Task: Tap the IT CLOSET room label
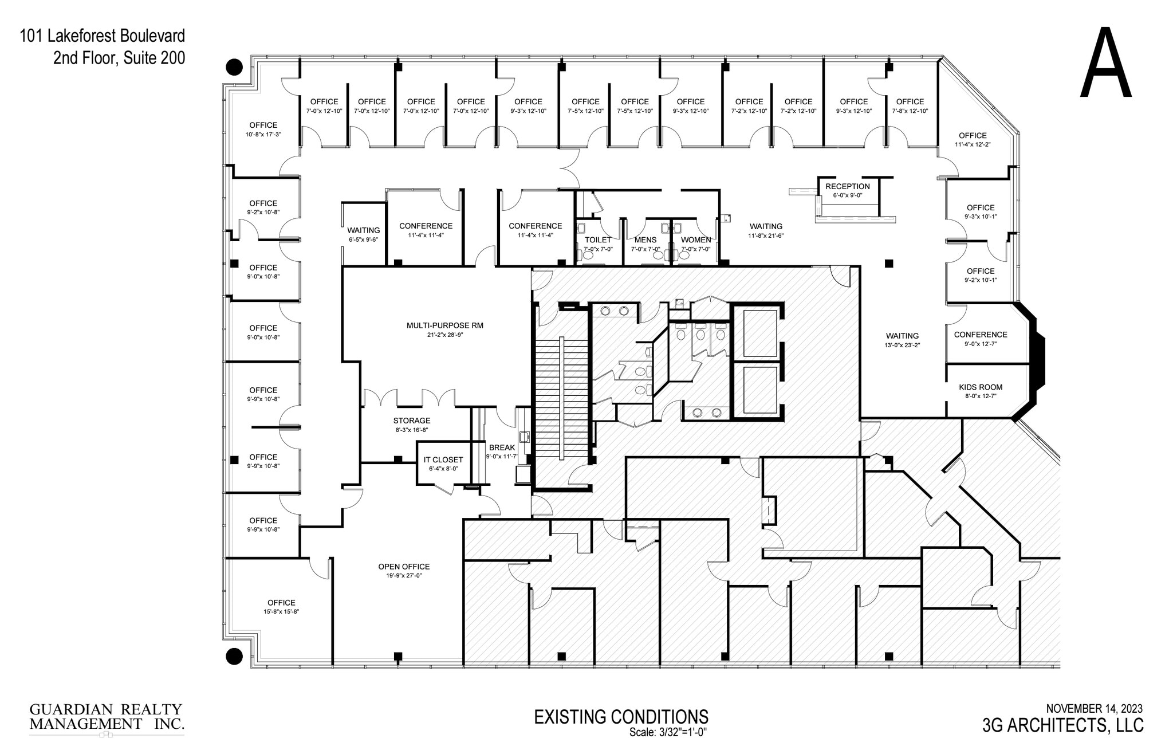pyautogui.click(x=443, y=460)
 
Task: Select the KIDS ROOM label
pyautogui.click(x=981, y=387)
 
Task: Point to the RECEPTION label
pyautogui.click(x=847, y=186)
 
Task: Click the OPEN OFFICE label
pyautogui.click(x=404, y=567)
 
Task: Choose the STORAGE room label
pyautogui.click(x=411, y=421)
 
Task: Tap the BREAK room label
pyautogui.click(x=502, y=447)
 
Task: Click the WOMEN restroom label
pyautogui.click(x=695, y=239)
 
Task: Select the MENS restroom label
pyautogui.click(x=645, y=239)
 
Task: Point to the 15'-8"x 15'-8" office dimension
pyautogui.click(x=281, y=612)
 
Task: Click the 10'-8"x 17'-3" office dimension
pyautogui.click(x=263, y=134)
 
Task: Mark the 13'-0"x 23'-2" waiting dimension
pyautogui.click(x=902, y=345)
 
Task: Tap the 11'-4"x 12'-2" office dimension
pyautogui.click(x=973, y=144)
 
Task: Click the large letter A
pyautogui.click(x=1105, y=65)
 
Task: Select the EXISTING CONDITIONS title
pyautogui.click(x=621, y=717)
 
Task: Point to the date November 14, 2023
pyautogui.click(x=1094, y=709)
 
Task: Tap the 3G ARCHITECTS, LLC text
pyautogui.click(x=1062, y=725)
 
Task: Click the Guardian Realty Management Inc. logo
pyautogui.click(x=107, y=718)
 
